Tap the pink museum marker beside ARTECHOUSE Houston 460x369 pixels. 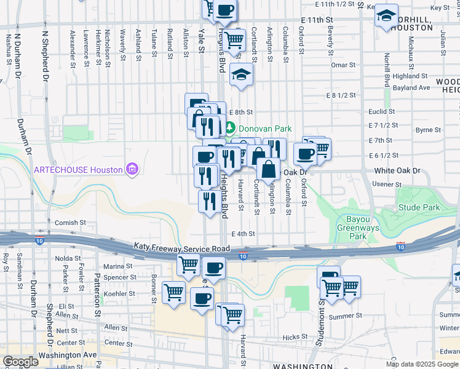130,169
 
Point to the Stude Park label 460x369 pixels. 419,207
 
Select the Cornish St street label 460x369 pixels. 66,223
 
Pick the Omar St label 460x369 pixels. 339,65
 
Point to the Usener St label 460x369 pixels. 387,184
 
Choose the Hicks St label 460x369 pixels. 295,337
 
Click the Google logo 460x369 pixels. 20,362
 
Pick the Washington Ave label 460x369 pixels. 68,355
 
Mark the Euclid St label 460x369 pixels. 381,111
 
